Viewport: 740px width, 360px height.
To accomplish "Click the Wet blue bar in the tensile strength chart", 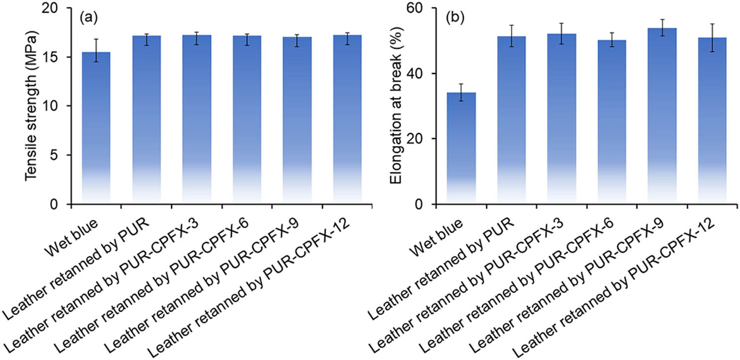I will [96, 128].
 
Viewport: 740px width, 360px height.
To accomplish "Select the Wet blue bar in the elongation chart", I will [461, 148].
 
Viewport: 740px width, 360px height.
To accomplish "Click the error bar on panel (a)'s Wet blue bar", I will [96, 50].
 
